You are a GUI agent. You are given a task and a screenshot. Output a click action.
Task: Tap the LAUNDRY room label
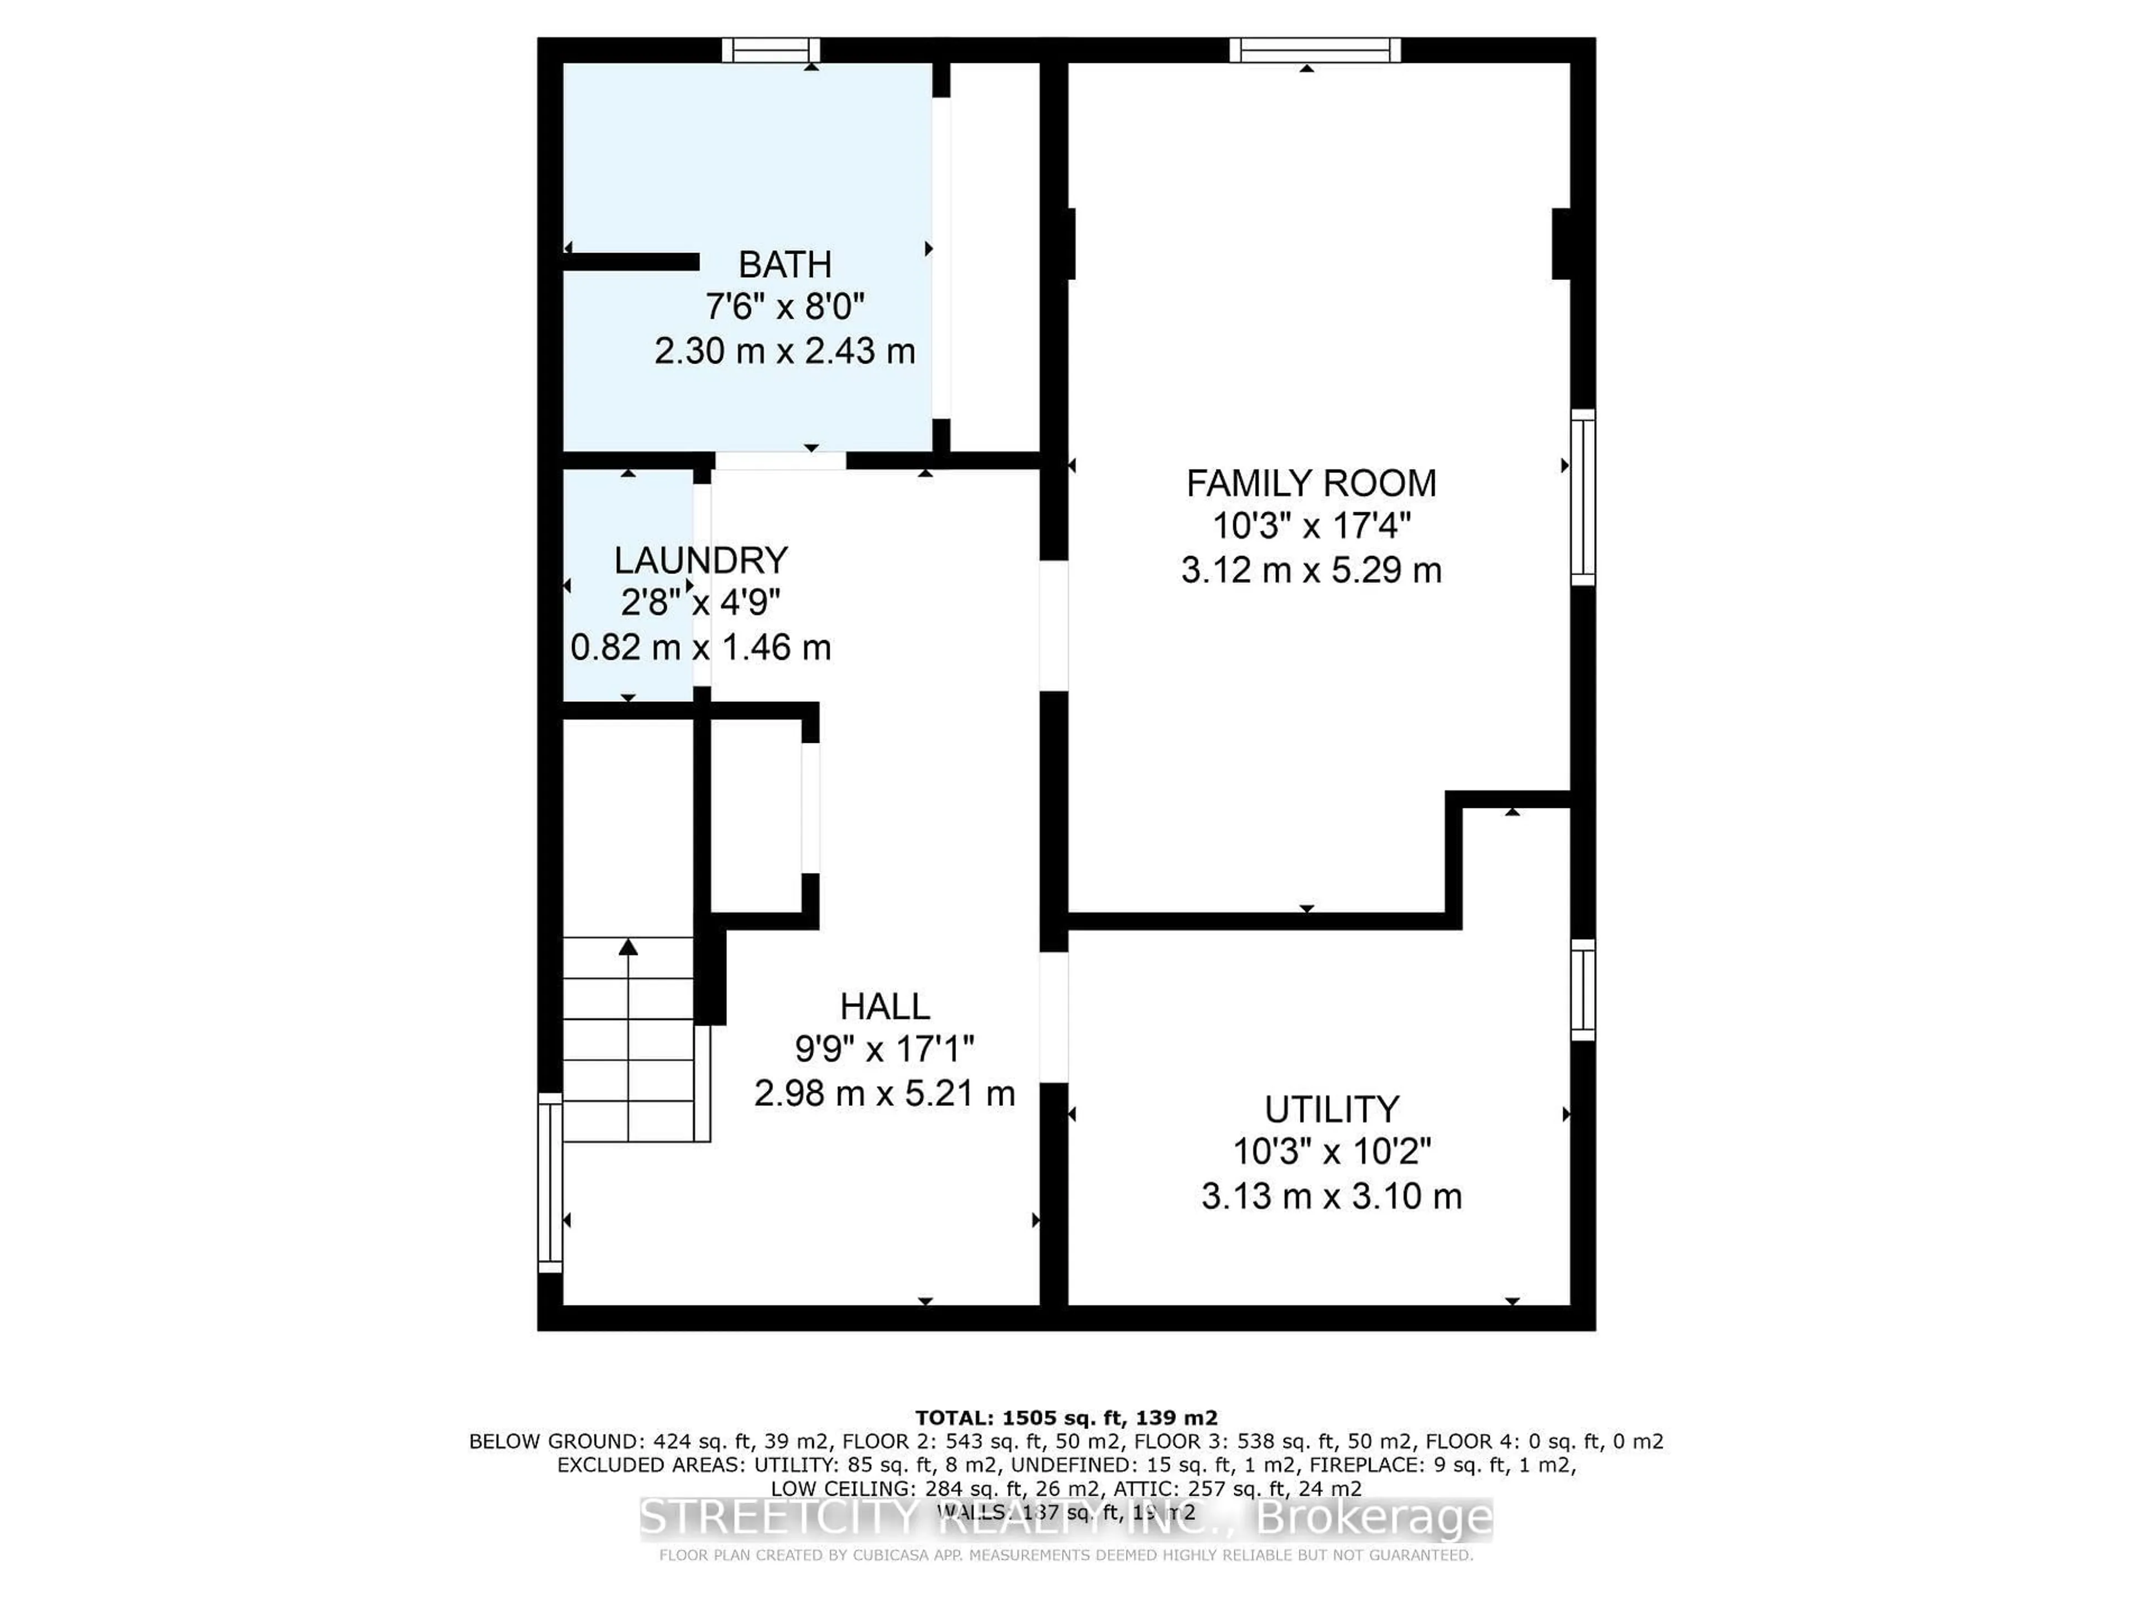(701, 560)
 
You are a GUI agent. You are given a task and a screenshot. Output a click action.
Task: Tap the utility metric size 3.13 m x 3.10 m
(1331, 1196)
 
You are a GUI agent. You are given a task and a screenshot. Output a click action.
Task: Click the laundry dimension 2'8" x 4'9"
(701, 604)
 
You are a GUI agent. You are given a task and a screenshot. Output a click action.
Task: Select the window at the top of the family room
(1314, 50)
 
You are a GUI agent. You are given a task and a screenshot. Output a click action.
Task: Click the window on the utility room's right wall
(1583, 990)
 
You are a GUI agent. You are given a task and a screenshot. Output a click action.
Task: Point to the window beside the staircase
(550, 1183)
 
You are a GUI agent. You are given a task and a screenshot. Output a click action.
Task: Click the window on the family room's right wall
(1583, 497)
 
